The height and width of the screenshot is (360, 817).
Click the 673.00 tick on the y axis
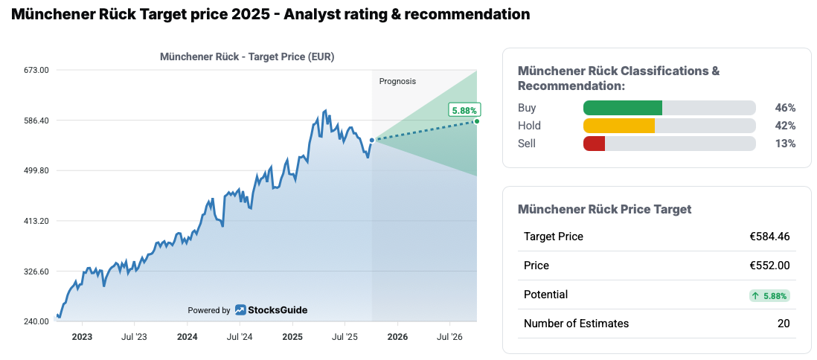point(36,70)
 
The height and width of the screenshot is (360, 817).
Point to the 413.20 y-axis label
point(36,221)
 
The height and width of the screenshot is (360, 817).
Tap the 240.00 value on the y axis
point(36,322)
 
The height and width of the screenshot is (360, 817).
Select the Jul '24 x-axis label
point(239,337)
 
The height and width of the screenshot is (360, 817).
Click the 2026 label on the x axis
point(397,337)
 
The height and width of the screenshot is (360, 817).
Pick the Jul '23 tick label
point(134,337)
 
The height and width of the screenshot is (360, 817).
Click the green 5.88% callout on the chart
point(464,111)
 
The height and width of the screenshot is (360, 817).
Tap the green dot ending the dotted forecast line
point(476,120)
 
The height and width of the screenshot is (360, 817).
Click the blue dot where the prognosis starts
point(372,140)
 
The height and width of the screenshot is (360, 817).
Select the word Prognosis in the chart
point(397,81)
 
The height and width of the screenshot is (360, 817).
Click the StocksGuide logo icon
point(241,310)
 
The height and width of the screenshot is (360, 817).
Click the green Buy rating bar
point(622,108)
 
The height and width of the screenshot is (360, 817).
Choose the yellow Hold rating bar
point(618,126)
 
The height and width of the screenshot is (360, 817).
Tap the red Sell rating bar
point(594,144)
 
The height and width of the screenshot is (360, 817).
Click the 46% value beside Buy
point(785,108)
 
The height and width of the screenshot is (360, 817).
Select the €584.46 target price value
point(769,237)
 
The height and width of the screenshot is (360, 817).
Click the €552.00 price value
point(769,266)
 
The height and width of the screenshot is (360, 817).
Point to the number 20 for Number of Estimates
point(783,324)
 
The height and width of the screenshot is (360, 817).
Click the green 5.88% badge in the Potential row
point(769,295)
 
